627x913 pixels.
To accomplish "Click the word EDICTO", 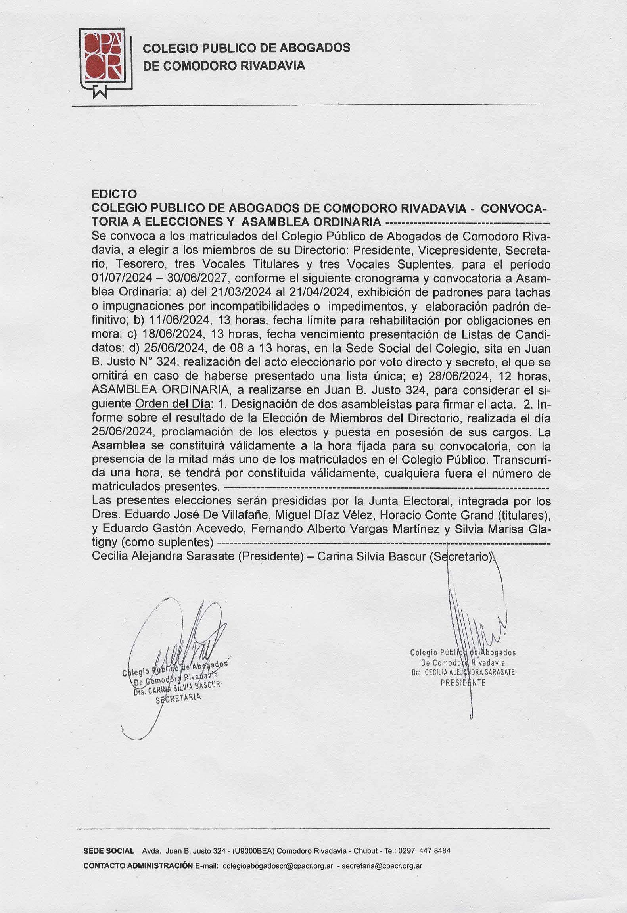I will [114, 194].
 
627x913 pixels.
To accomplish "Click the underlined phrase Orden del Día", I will [172, 404].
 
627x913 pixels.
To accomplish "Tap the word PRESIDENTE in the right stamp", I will [463, 683].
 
